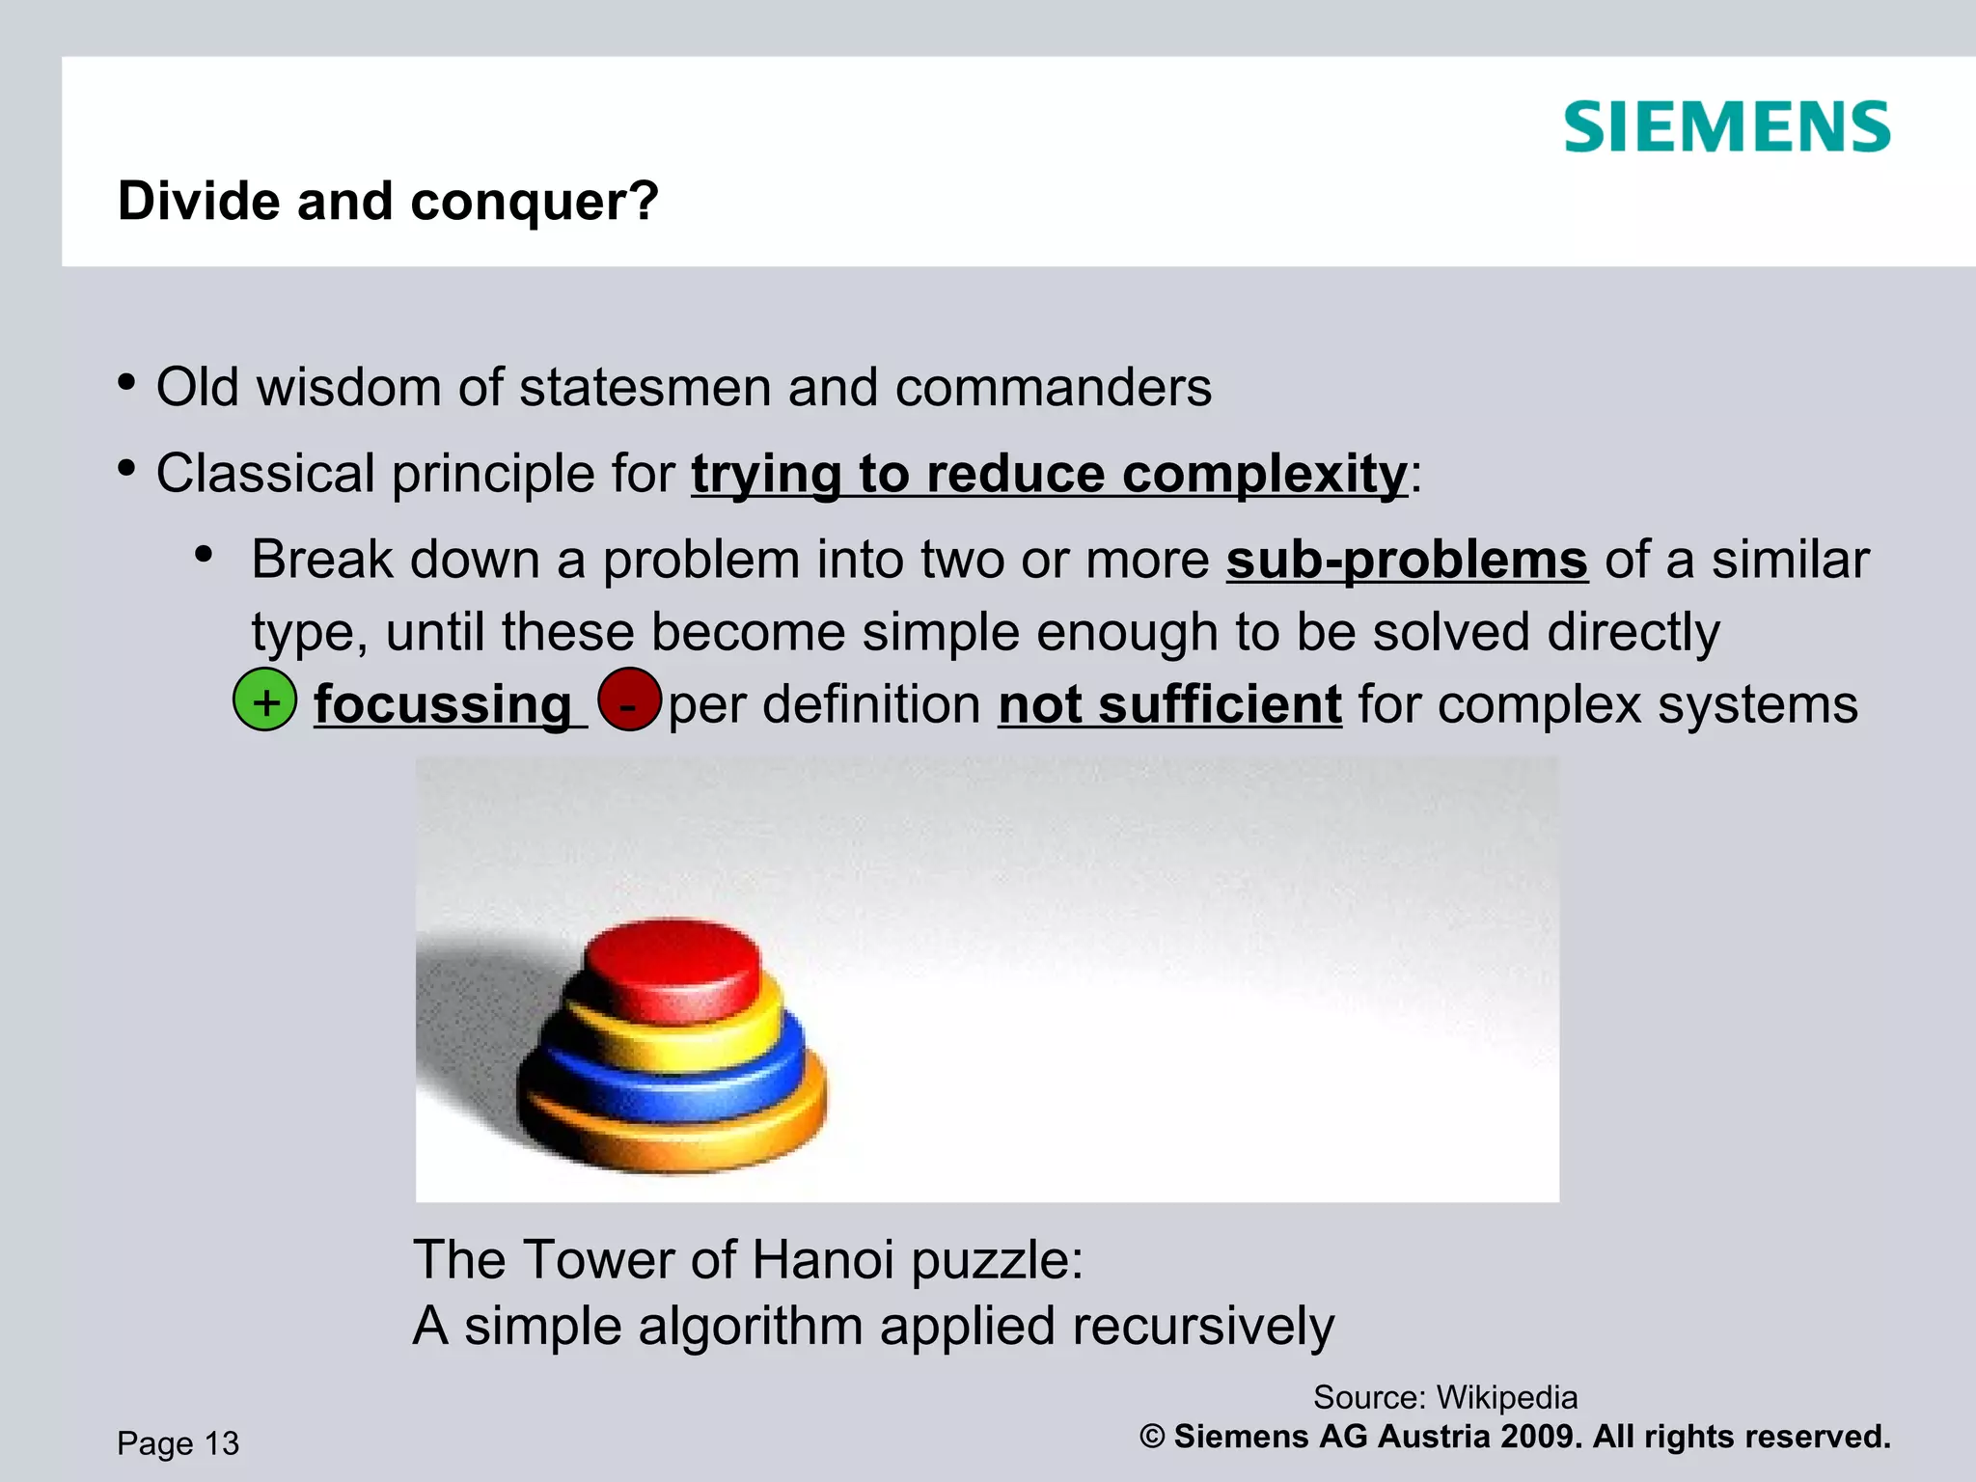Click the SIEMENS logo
[1727, 127]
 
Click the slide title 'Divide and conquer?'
[388, 202]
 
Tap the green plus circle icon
[265, 700]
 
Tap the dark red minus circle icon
[629, 700]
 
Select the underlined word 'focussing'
[443, 704]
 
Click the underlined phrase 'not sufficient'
[1169, 704]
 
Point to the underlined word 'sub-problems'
[1407, 560]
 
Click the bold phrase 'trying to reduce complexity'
[1049, 474]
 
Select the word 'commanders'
[1053, 388]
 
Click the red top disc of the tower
[672, 965]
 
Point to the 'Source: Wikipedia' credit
[1444, 1397]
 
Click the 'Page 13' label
[178, 1443]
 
